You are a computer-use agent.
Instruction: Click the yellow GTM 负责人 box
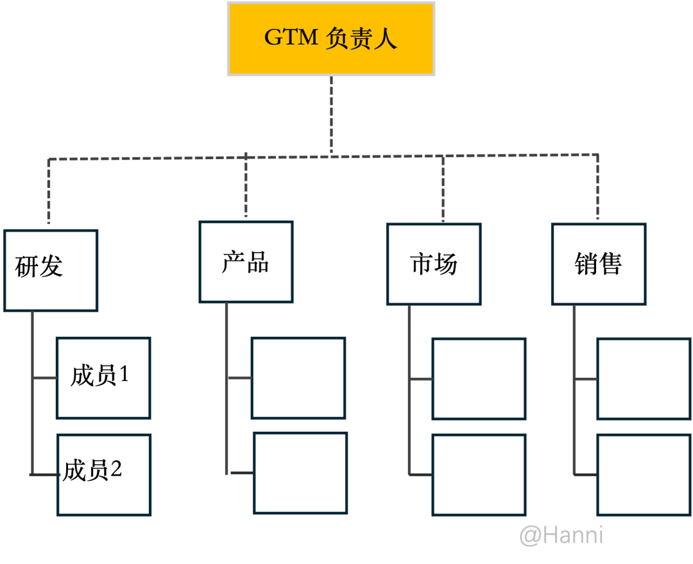(x=331, y=39)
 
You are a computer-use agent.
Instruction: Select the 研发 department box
(x=51, y=271)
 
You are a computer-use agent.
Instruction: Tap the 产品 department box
(x=246, y=262)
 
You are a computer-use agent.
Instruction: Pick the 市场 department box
(x=434, y=264)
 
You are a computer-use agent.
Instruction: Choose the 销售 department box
(x=599, y=264)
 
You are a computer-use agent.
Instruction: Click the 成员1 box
(x=103, y=378)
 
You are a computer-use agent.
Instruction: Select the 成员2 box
(x=104, y=475)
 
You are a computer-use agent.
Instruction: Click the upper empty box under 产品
(x=298, y=378)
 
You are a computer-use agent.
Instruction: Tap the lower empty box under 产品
(x=300, y=473)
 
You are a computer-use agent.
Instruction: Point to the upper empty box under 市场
(x=479, y=379)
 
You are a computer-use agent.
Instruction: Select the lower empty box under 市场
(x=479, y=475)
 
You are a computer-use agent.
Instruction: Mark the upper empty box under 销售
(x=644, y=379)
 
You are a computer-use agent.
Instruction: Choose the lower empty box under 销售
(x=644, y=475)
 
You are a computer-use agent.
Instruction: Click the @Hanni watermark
(x=561, y=535)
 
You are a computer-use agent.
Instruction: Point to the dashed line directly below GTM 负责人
(x=332, y=115)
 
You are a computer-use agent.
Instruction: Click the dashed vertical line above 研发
(x=49, y=191)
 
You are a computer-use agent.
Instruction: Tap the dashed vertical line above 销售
(x=597, y=187)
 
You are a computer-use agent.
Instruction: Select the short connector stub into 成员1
(x=45, y=378)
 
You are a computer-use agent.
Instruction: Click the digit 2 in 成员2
(x=116, y=469)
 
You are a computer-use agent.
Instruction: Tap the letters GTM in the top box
(x=291, y=37)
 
